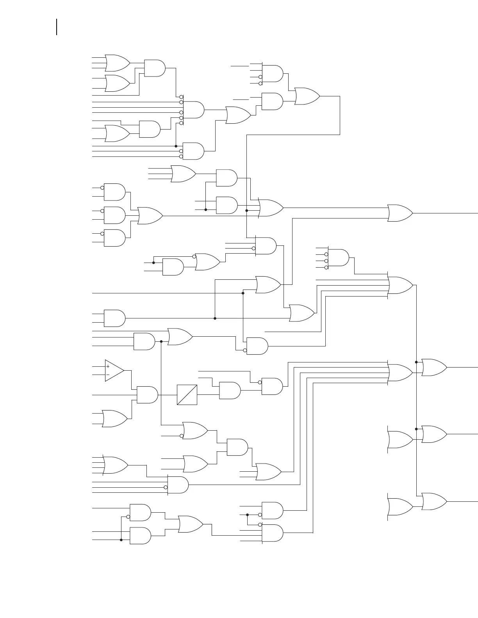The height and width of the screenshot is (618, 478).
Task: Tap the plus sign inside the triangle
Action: [108, 366]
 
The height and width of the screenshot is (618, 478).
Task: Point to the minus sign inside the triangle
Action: [108, 375]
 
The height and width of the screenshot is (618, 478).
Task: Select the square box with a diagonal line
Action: [187, 395]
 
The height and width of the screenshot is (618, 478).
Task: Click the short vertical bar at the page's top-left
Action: [57, 27]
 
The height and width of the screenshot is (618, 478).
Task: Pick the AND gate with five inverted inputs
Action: [193, 110]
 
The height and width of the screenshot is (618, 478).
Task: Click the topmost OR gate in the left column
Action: [117, 63]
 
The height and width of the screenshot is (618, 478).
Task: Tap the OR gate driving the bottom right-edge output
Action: [434, 501]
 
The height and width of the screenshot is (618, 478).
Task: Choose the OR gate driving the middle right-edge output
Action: [434, 434]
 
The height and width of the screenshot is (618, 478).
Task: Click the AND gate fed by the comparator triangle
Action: [147, 395]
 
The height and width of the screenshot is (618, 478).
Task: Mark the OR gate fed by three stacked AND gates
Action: [150, 216]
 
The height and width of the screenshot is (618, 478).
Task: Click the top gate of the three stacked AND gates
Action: [114, 192]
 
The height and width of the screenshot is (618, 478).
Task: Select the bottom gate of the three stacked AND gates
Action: [114, 238]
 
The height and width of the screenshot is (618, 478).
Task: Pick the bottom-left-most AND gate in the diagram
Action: [140, 536]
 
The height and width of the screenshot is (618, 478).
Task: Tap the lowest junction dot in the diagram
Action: [121, 540]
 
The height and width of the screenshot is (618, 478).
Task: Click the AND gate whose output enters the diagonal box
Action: [147, 395]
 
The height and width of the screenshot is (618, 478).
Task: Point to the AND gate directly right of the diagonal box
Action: [230, 391]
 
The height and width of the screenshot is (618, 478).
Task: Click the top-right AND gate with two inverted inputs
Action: [272, 74]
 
